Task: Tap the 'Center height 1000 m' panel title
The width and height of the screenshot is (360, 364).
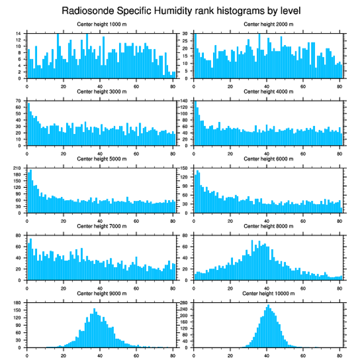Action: (x=101, y=24)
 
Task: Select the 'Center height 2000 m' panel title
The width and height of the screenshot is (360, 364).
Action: (x=268, y=24)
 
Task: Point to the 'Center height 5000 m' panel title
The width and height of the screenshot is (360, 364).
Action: (x=101, y=159)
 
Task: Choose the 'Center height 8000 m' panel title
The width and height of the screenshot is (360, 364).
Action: (x=268, y=226)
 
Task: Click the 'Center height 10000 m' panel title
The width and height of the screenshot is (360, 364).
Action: (x=269, y=294)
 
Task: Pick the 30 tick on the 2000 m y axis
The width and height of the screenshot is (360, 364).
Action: (x=186, y=34)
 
